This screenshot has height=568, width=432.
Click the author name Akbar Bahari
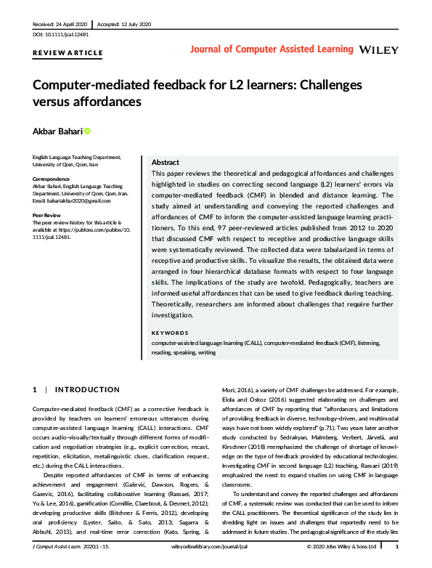[x=57, y=131]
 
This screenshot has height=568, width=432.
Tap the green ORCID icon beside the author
[x=87, y=131]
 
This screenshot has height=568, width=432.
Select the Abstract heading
[x=166, y=163]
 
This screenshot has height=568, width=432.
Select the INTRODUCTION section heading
[x=86, y=390]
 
